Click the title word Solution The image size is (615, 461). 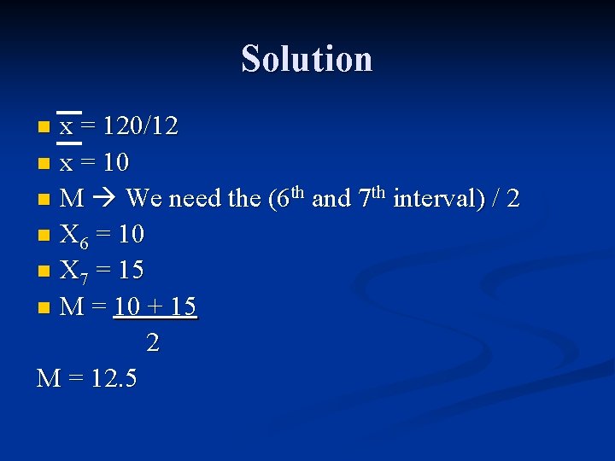[x=307, y=59]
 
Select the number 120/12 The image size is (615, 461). [x=140, y=127]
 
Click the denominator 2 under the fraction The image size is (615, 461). [x=153, y=343]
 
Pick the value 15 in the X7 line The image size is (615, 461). [x=130, y=271]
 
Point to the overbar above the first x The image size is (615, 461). [x=68, y=113]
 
